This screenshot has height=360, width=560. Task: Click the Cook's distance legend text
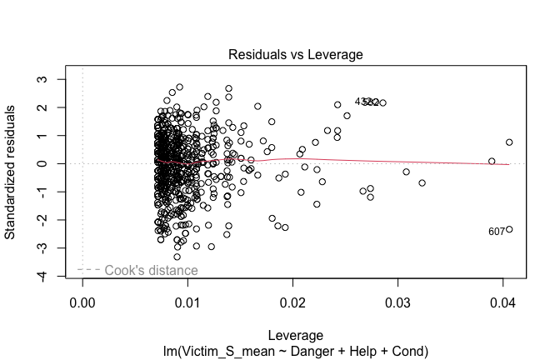click(151, 270)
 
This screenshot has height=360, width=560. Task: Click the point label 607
click(497, 232)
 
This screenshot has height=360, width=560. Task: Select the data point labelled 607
click(509, 229)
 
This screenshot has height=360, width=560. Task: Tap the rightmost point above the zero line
click(509, 142)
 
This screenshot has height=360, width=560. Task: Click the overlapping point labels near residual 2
click(367, 102)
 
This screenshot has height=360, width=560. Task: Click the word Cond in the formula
click(407, 352)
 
